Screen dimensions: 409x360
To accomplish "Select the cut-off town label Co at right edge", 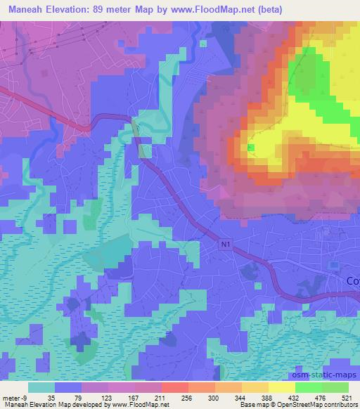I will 353,280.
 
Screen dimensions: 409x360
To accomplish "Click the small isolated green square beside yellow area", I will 251,148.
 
